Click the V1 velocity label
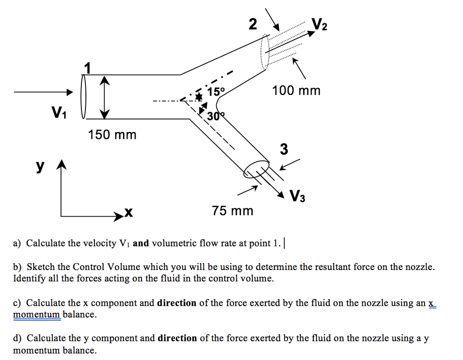tap(59, 111)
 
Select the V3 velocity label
tap(298, 196)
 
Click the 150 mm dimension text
tap(112, 134)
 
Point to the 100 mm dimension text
tap(296, 91)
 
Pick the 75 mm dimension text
tap(233, 211)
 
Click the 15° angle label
tap(216, 91)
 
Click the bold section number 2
tap(253, 24)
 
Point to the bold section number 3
tap(283, 149)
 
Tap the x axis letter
tap(128, 212)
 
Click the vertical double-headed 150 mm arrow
tap(104, 96)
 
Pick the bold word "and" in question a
tap(141, 243)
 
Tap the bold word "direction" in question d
tap(177, 338)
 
